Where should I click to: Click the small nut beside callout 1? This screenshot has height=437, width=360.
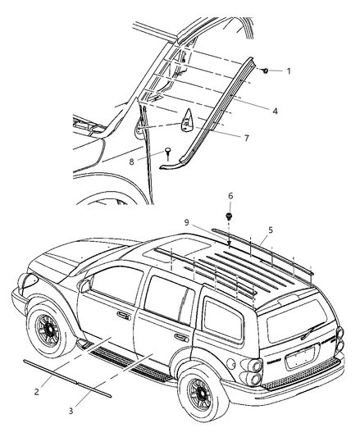pos(267,72)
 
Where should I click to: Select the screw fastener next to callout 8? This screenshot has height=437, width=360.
pos(167,152)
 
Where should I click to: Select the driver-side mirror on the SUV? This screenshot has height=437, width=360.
pos(86,285)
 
